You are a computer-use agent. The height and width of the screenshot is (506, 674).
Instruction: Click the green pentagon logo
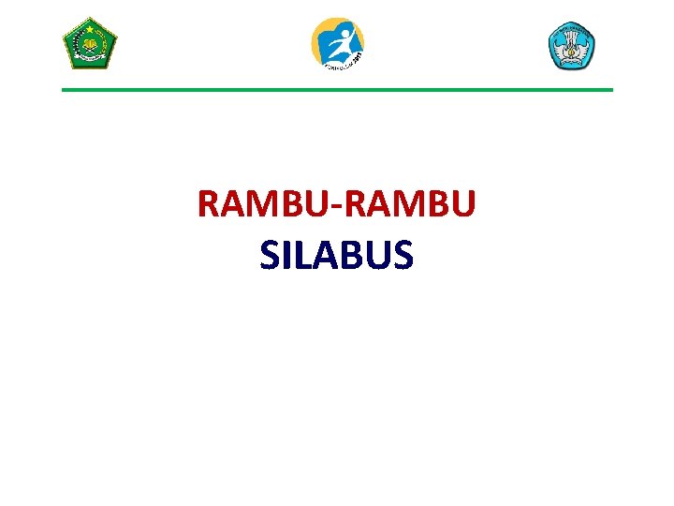coord(89,43)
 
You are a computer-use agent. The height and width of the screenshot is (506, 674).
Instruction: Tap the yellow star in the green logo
coord(89,28)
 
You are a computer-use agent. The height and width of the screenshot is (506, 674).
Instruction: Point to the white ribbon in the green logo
coord(89,59)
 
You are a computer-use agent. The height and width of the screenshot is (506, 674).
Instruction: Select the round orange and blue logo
coord(337,43)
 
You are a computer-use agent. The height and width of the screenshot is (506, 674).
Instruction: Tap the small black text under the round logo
coord(340,64)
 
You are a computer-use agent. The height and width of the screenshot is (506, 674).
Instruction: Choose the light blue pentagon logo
coord(571,45)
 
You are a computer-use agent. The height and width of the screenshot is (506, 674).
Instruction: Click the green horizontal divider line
coord(337,90)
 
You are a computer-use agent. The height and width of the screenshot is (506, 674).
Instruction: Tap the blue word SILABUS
coord(337,255)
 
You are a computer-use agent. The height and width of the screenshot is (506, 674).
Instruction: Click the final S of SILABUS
coord(402,255)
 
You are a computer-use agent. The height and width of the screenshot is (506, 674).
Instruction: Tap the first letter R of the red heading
coord(208,204)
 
